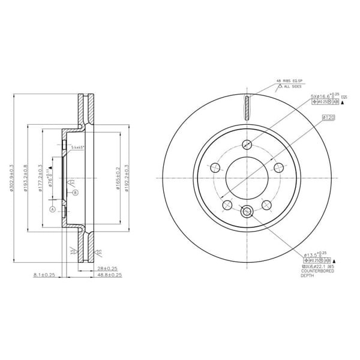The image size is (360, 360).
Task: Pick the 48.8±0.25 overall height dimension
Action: pyautogui.click(x=109, y=275)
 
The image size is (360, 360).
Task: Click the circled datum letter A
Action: pyautogui.click(x=52, y=209)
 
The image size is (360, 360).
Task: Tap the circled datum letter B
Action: pyautogui.click(x=76, y=193)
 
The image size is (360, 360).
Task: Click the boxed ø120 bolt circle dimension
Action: pyautogui.click(x=328, y=118)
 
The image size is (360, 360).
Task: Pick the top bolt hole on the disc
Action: pyautogui.click(x=247, y=144)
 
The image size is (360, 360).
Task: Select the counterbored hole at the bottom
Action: pyautogui.click(x=247, y=211)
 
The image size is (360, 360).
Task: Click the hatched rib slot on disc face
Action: pyautogui.click(x=247, y=109)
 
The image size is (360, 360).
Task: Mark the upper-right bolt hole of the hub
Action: pyautogui.click(x=278, y=167)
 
